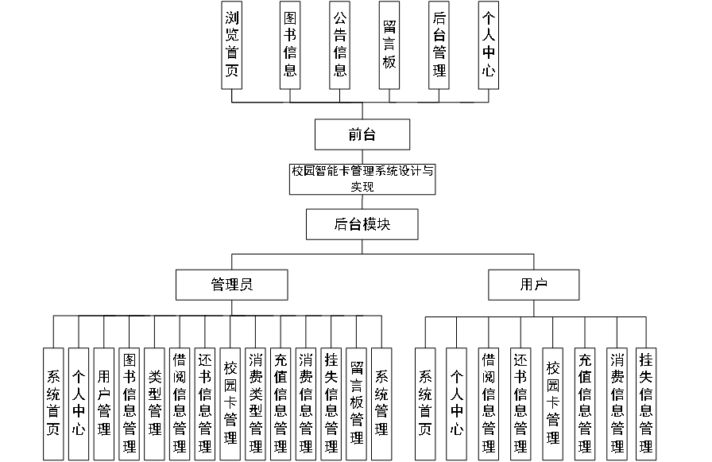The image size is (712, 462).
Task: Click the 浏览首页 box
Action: tap(231, 45)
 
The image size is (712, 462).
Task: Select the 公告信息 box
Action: tap(339, 45)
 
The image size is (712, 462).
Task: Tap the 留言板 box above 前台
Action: tap(389, 45)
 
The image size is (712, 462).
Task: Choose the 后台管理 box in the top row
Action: tap(439, 45)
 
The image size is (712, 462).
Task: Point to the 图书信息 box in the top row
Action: tap(290, 45)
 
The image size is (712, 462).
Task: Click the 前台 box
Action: tap(362, 134)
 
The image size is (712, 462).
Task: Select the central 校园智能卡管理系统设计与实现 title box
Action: tap(362, 179)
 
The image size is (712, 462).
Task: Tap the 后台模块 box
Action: tap(362, 224)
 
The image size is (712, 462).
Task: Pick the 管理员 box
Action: tap(231, 284)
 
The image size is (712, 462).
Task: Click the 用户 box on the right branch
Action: tap(534, 284)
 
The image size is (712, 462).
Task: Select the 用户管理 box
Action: tap(104, 403)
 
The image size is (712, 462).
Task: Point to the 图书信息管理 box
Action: tap(130, 403)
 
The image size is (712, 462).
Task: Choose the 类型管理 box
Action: tap(155, 403)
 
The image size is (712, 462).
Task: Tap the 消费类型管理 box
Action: tap(256, 403)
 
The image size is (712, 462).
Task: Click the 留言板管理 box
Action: tap(357, 403)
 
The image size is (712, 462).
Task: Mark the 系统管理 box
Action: tap(382, 403)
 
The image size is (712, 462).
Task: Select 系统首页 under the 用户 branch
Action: tap(425, 403)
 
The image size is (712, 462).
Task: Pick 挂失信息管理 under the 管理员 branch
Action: tap(331, 403)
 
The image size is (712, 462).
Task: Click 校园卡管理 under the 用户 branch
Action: tap(553, 403)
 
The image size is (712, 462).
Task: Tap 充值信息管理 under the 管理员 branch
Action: tap(281, 403)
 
